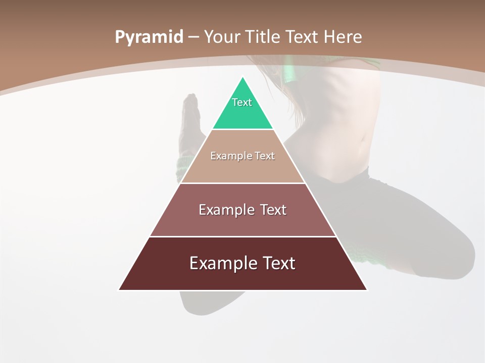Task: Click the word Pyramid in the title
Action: pos(149,37)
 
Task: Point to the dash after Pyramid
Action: pos(193,37)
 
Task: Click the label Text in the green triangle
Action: pos(242,102)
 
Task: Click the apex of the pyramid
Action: pos(243,78)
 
